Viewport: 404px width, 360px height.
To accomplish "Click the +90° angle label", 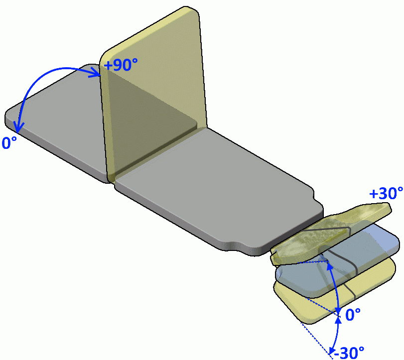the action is pyautogui.click(x=121, y=64).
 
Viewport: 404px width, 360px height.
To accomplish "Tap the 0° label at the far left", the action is pyautogui.click(x=9, y=143).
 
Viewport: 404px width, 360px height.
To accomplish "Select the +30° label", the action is pyautogui.click(x=386, y=193).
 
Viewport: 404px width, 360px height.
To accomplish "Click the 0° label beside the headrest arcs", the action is pyautogui.click(x=353, y=315).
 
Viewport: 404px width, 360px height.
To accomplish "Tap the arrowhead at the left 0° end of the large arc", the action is pyautogui.click(x=18, y=127).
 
